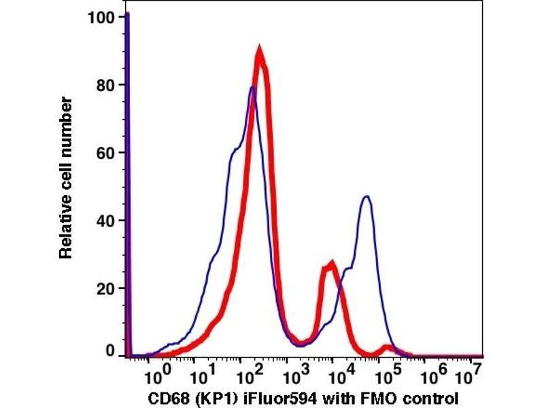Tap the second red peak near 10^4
pos(331,264)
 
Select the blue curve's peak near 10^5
pos(367,197)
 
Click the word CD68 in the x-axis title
pos(167,397)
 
